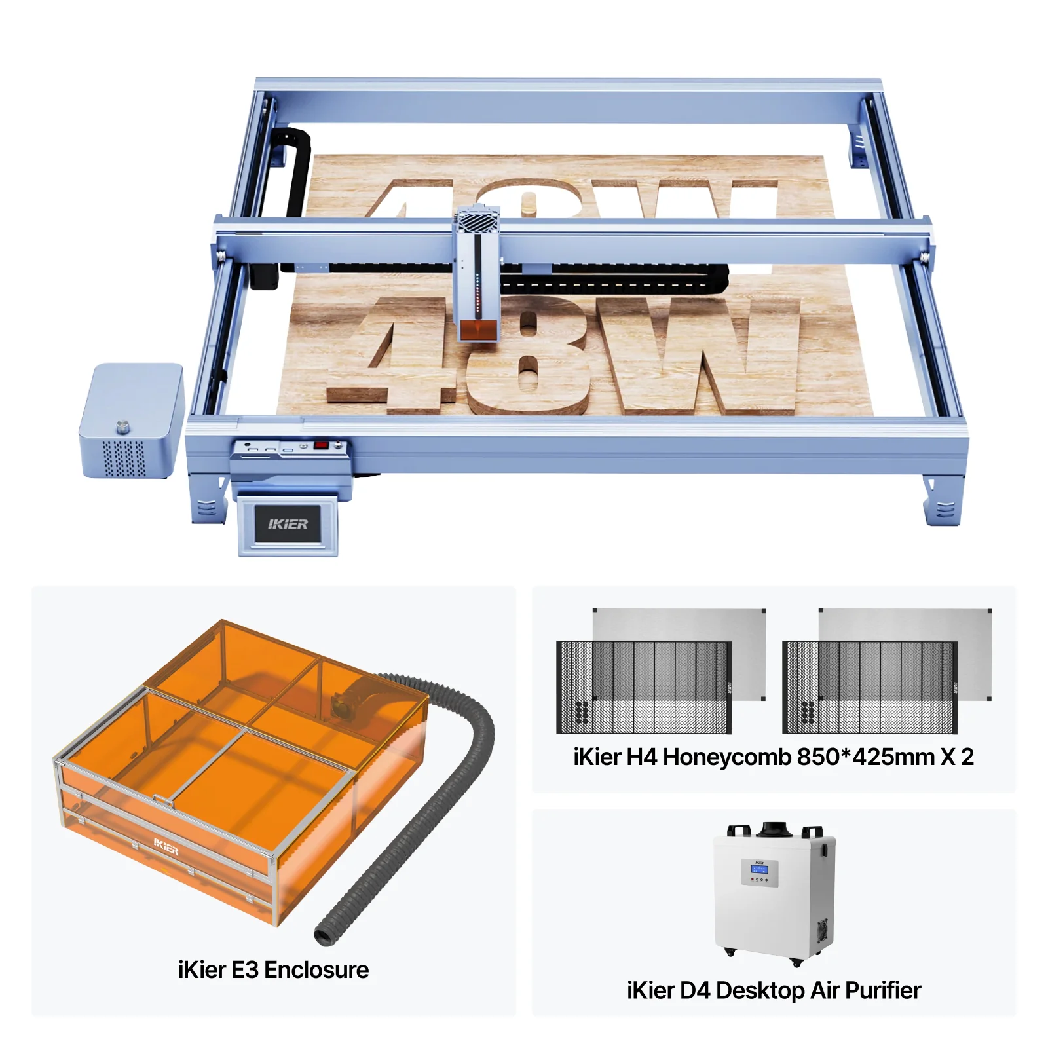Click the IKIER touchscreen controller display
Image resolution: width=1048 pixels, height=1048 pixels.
point(288,524)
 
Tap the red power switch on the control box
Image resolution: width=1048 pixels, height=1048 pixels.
point(321,445)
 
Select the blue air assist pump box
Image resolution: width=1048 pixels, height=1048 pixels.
point(132,421)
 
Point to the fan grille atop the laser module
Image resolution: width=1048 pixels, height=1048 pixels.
point(478,219)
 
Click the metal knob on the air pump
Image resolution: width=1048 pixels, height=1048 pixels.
point(122,427)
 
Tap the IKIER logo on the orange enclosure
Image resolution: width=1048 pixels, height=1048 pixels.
point(166,848)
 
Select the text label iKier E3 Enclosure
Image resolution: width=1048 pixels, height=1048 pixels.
point(273,969)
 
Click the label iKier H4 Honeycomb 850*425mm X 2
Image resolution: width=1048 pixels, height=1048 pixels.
point(774,757)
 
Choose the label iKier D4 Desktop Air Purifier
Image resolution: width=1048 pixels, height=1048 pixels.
point(774,990)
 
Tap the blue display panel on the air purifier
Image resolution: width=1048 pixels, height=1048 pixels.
point(759,869)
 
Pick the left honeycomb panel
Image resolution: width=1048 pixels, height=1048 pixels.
point(644,687)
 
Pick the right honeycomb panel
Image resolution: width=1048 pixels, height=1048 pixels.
point(870,687)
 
